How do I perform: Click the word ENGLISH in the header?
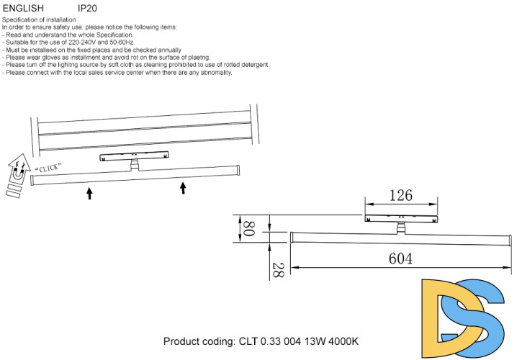[22, 7]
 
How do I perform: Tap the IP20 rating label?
[87, 7]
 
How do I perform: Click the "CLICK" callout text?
[48, 168]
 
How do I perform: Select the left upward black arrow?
[89, 192]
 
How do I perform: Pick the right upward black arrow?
[183, 188]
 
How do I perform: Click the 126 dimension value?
[400, 195]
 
